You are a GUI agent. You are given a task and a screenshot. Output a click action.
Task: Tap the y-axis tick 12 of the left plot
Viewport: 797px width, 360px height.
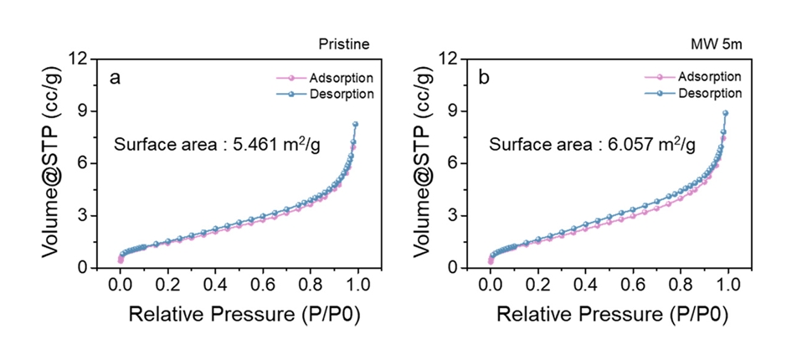[x=85, y=59]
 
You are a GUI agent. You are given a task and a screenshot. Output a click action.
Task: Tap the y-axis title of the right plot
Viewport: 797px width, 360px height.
[x=424, y=162]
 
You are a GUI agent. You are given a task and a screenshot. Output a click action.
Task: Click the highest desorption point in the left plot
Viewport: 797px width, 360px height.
[x=356, y=124]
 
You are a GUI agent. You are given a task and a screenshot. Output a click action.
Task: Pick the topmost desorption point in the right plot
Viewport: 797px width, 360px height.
[x=726, y=113]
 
